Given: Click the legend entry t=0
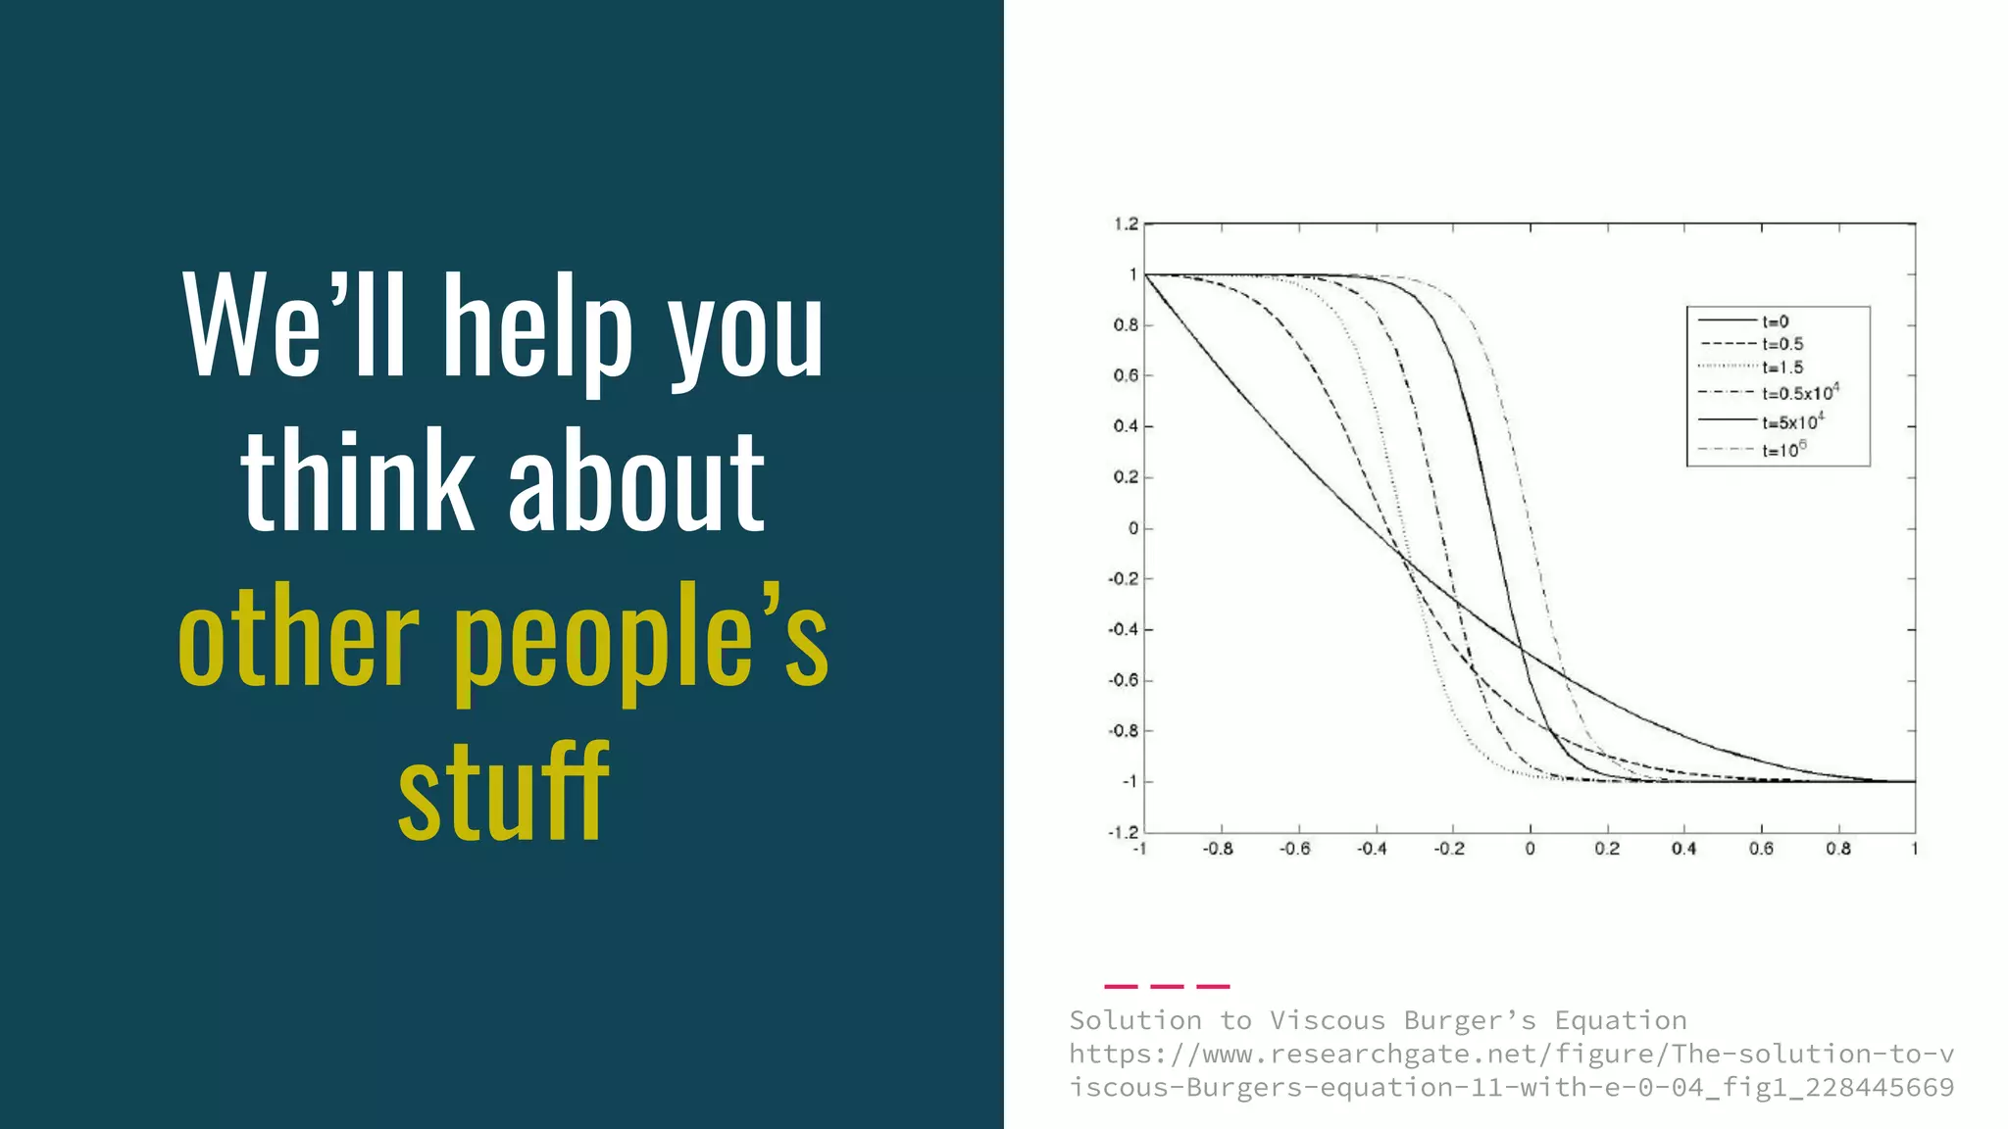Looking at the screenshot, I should pyautogui.click(x=1775, y=321).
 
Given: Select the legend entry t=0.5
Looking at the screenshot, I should pyautogui.click(x=1782, y=344).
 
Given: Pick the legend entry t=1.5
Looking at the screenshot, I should pyautogui.click(x=1782, y=368).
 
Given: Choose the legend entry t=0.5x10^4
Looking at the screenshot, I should pyautogui.click(x=1798, y=393).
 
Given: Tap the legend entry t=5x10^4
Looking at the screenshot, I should pyautogui.click(x=1791, y=422).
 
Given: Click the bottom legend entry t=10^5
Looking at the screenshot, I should pyautogui.click(x=1782, y=450).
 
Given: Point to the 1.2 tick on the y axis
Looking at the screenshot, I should pyautogui.click(x=1126, y=224).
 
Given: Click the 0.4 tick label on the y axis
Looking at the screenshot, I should pyautogui.click(x=1126, y=426).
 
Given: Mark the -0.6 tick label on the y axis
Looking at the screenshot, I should pyautogui.click(x=1124, y=680).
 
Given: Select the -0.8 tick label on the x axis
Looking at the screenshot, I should pyautogui.click(x=1218, y=849).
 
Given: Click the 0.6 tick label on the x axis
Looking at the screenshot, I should pyautogui.click(x=1761, y=849).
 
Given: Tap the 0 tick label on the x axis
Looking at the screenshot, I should pyautogui.click(x=1530, y=849).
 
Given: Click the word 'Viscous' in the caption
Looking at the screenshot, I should pyautogui.click(x=1327, y=1021).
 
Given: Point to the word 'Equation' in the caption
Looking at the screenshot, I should pyautogui.click(x=1620, y=1021).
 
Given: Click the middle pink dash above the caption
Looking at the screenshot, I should pyautogui.click(x=1167, y=986).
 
